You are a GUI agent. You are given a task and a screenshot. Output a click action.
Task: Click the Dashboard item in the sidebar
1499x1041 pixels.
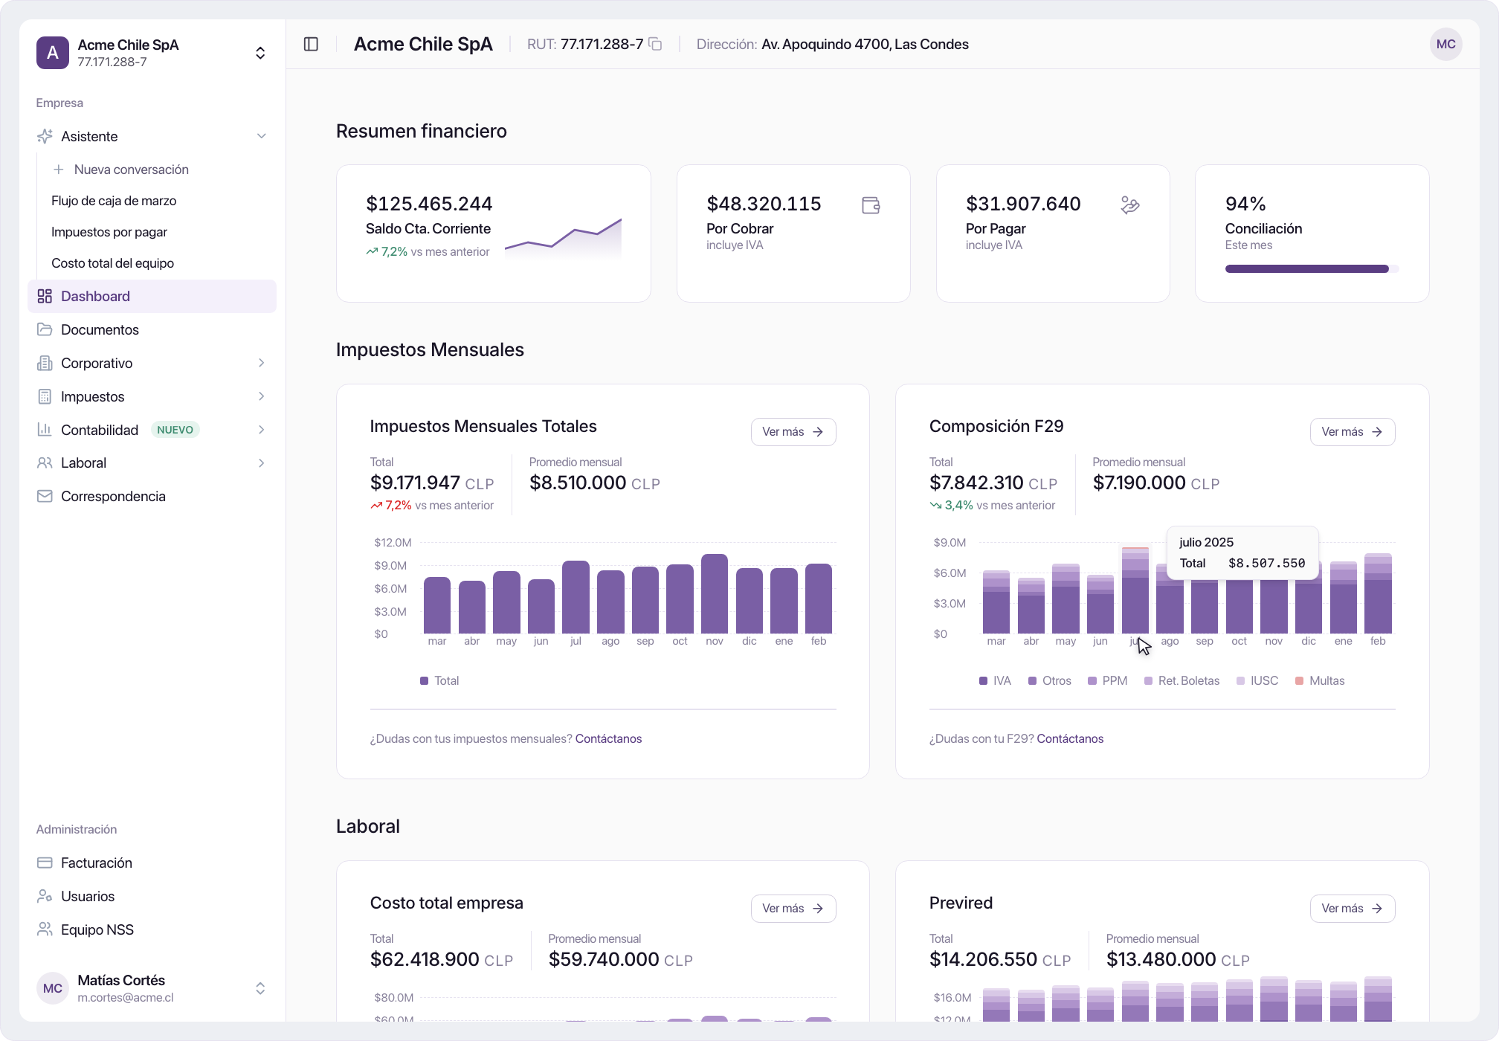[152, 296]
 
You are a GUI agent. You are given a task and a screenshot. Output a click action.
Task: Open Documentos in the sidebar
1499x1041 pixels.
[100, 329]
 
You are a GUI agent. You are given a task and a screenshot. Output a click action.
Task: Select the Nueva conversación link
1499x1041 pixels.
[131, 170]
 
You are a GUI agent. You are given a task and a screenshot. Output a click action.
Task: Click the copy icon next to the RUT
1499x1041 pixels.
[655, 44]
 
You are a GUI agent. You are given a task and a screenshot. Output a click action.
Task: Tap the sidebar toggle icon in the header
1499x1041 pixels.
[311, 45]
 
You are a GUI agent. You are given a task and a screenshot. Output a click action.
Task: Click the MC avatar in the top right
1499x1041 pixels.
[1445, 45]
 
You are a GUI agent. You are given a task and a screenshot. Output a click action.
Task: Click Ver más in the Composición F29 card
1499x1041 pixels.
[1352, 432]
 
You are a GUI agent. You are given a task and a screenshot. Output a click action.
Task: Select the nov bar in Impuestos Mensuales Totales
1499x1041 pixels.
[715, 593]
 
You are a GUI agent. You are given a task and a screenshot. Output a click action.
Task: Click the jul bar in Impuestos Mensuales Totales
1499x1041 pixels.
[576, 597]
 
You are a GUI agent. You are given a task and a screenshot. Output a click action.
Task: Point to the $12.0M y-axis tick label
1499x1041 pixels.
[393, 543]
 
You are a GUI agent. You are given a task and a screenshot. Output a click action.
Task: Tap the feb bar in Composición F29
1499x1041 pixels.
[1378, 593]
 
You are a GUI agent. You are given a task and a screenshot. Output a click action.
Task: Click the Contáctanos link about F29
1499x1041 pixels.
[1070, 738]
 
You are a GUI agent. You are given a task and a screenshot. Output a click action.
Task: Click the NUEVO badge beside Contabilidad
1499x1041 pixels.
[175, 430]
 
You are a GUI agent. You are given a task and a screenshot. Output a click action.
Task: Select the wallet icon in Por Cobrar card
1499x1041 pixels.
[871, 205]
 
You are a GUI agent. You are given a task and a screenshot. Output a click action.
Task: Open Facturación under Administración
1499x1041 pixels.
[96, 863]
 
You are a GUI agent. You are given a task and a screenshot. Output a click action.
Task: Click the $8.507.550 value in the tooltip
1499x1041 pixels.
[1266, 564]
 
